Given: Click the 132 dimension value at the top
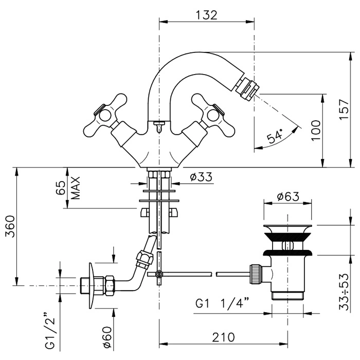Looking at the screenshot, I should (206, 15).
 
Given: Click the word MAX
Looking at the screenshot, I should (76, 188).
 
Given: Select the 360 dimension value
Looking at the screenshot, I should (9, 227).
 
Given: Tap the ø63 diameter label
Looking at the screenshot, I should (287, 197).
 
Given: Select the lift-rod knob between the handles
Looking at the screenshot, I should (159, 124).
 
